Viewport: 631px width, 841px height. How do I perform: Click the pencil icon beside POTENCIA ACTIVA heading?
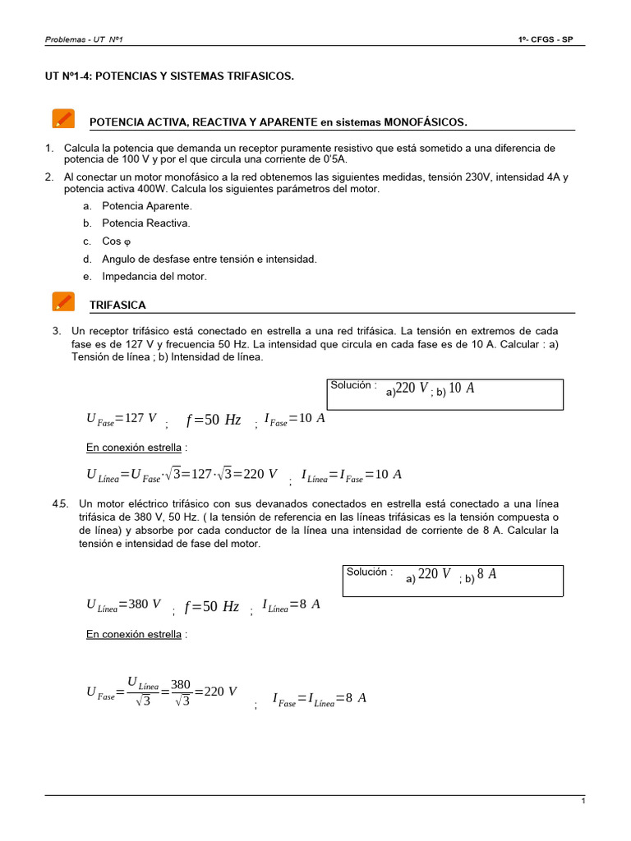[62, 118]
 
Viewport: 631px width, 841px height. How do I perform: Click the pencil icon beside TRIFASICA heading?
[62, 301]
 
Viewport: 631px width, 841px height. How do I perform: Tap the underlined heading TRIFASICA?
[117, 306]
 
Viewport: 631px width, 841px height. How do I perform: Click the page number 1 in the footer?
[583, 802]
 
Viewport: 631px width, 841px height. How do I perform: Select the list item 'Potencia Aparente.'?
[146, 205]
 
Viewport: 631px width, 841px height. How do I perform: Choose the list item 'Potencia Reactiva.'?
[145, 223]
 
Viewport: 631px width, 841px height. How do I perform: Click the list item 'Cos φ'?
[116, 241]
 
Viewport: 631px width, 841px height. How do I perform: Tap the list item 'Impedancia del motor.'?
[154, 277]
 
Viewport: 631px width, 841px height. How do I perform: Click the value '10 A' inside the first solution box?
[462, 388]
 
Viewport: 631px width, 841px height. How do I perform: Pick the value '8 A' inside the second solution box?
[486, 575]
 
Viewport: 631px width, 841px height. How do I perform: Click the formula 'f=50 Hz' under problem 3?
[214, 420]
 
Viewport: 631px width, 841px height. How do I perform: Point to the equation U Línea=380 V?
[123, 605]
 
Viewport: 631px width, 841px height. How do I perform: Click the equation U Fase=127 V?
[121, 419]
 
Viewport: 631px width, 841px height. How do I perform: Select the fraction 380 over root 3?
[181, 692]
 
